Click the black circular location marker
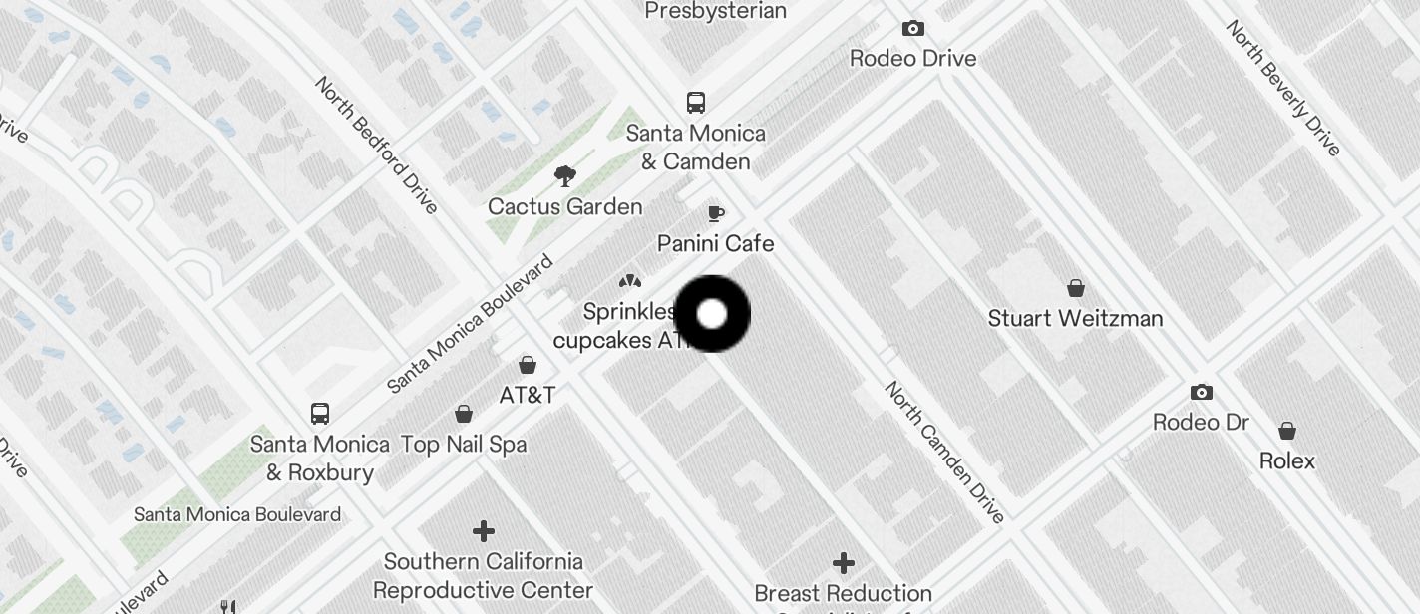[x=712, y=314]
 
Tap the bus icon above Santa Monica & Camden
[x=696, y=103]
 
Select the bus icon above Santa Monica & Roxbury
[x=320, y=414]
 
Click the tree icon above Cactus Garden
[x=565, y=177]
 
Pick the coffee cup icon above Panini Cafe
[x=716, y=213]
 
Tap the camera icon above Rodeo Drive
[x=912, y=29]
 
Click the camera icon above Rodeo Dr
[x=1202, y=393]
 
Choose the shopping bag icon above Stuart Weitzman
[x=1076, y=289]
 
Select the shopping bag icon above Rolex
[x=1287, y=432]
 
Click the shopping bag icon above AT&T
[x=528, y=366]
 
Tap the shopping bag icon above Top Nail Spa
[x=464, y=414]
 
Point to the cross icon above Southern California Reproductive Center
[x=484, y=530]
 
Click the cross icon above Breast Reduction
[x=844, y=564]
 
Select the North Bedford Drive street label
[x=376, y=145]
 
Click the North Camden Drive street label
[x=944, y=452]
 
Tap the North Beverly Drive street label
[x=1283, y=88]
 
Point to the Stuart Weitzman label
[x=1075, y=319]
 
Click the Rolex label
[x=1287, y=461]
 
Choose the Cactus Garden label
[x=564, y=207]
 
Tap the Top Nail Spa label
[x=464, y=445]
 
